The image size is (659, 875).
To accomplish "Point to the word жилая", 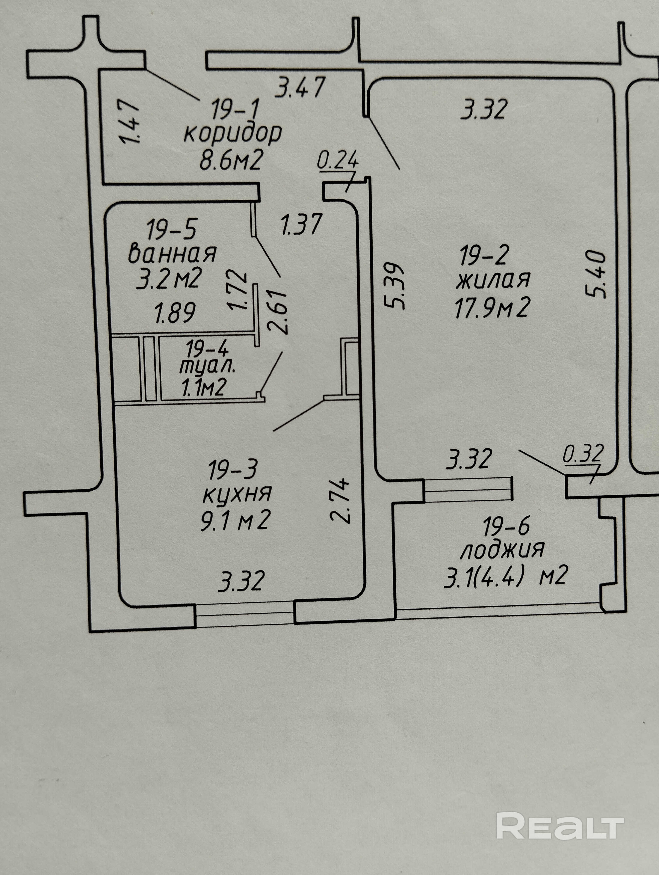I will pyautogui.click(x=493, y=280).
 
